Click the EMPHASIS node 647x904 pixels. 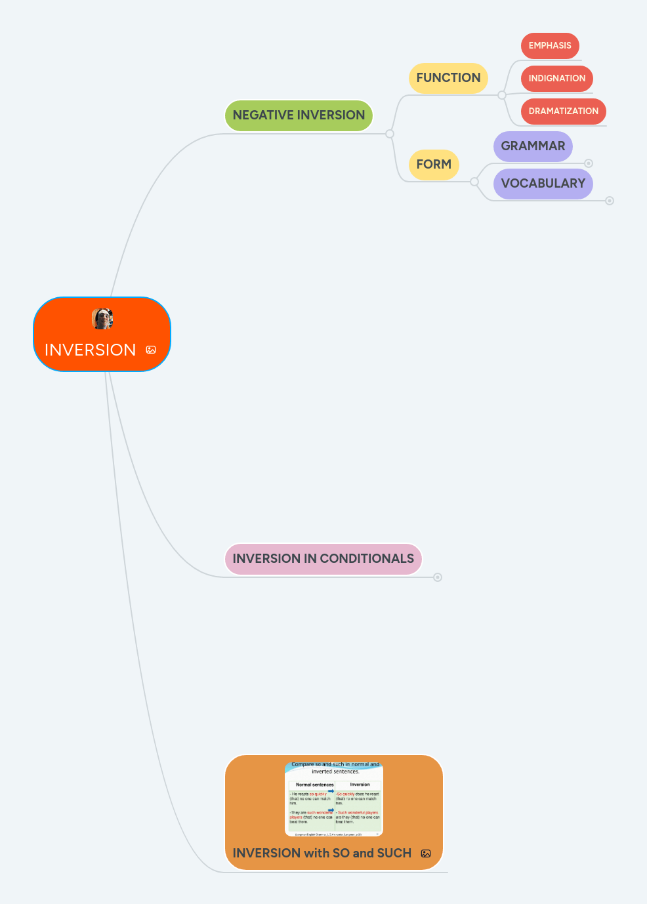[x=550, y=46]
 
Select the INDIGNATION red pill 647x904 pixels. [x=556, y=79]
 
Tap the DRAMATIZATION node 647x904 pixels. [x=563, y=112]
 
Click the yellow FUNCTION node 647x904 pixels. [x=448, y=78]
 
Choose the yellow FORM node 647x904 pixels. [x=434, y=165]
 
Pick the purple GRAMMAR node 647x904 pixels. [x=533, y=146]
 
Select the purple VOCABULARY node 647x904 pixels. [x=543, y=184]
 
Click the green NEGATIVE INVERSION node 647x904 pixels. [x=299, y=115]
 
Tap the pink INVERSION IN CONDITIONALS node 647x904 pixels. [x=323, y=559]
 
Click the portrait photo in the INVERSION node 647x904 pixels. [x=102, y=319]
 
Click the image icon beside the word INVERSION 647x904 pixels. [x=151, y=350]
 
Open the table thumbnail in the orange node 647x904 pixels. [x=334, y=799]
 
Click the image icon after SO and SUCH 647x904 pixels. [x=426, y=853]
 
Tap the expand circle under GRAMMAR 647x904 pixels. [x=589, y=163]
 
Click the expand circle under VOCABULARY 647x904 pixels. [x=610, y=201]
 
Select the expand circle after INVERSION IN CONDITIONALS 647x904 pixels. [x=438, y=577]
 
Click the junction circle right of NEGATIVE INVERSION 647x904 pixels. [x=390, y=134]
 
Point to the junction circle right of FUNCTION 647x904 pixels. [x=502, y=95]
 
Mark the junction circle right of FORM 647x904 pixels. [x=474, y=182]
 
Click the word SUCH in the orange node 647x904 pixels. [x=394, y=853]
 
